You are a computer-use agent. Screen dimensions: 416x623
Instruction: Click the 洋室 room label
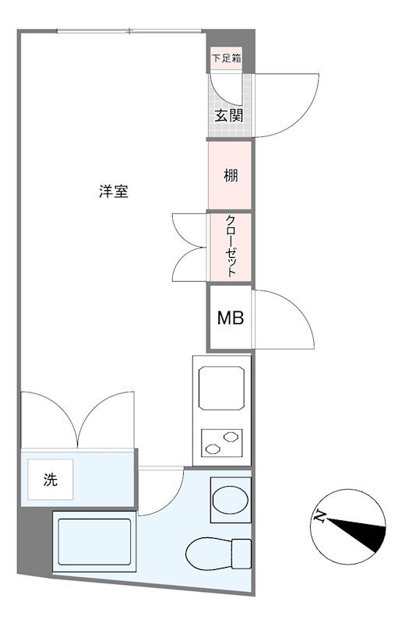coord(114,192)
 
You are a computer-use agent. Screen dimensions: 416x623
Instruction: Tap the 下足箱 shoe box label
coord(226,58)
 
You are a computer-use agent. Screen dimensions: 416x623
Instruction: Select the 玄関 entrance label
coord(229,115)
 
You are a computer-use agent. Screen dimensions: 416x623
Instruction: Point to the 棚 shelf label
coord(231,175)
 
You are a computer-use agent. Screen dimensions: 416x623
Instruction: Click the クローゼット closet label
coord(231,246)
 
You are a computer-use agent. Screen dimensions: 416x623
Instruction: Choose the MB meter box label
coord(231,318)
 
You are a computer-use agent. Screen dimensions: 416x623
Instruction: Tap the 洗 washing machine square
coord(51,479)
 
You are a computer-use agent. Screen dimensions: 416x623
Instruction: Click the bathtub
coord(94,541)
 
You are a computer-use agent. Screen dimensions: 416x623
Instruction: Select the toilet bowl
coord(209,554)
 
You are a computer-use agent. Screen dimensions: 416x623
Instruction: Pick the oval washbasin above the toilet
coord(231,500)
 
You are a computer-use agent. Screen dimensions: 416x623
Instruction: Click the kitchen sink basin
coord(221,388)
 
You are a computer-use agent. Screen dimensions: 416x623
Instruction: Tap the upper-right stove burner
coord(231,437)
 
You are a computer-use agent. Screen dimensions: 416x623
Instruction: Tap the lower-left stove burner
coord(213,449)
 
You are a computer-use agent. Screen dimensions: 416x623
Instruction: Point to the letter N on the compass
coord(320,516)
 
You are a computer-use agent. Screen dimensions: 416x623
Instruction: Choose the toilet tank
coord(241,554)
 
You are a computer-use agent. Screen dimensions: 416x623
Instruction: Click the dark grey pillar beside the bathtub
coord(35,540)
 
